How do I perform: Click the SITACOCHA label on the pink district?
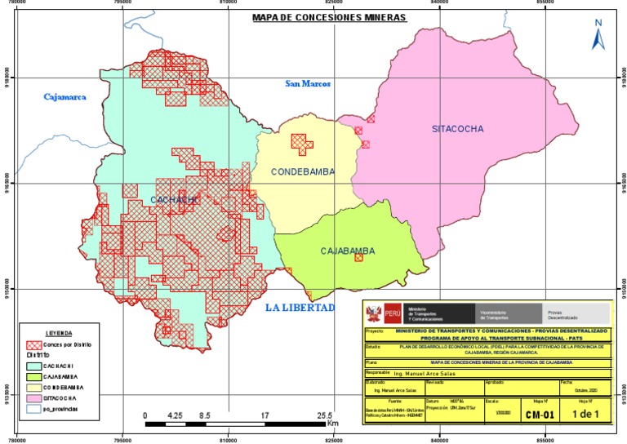tap(458, 129)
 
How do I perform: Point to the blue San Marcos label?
tap(306, 83)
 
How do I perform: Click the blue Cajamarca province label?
tap(64, 97)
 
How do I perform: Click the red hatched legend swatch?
tap(33, 345)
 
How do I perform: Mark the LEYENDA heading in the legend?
tap(58, 334)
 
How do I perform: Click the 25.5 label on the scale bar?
tap(323, 415)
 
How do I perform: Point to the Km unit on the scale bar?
tap(332, 424)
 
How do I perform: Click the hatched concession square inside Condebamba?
tap(302, 144)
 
